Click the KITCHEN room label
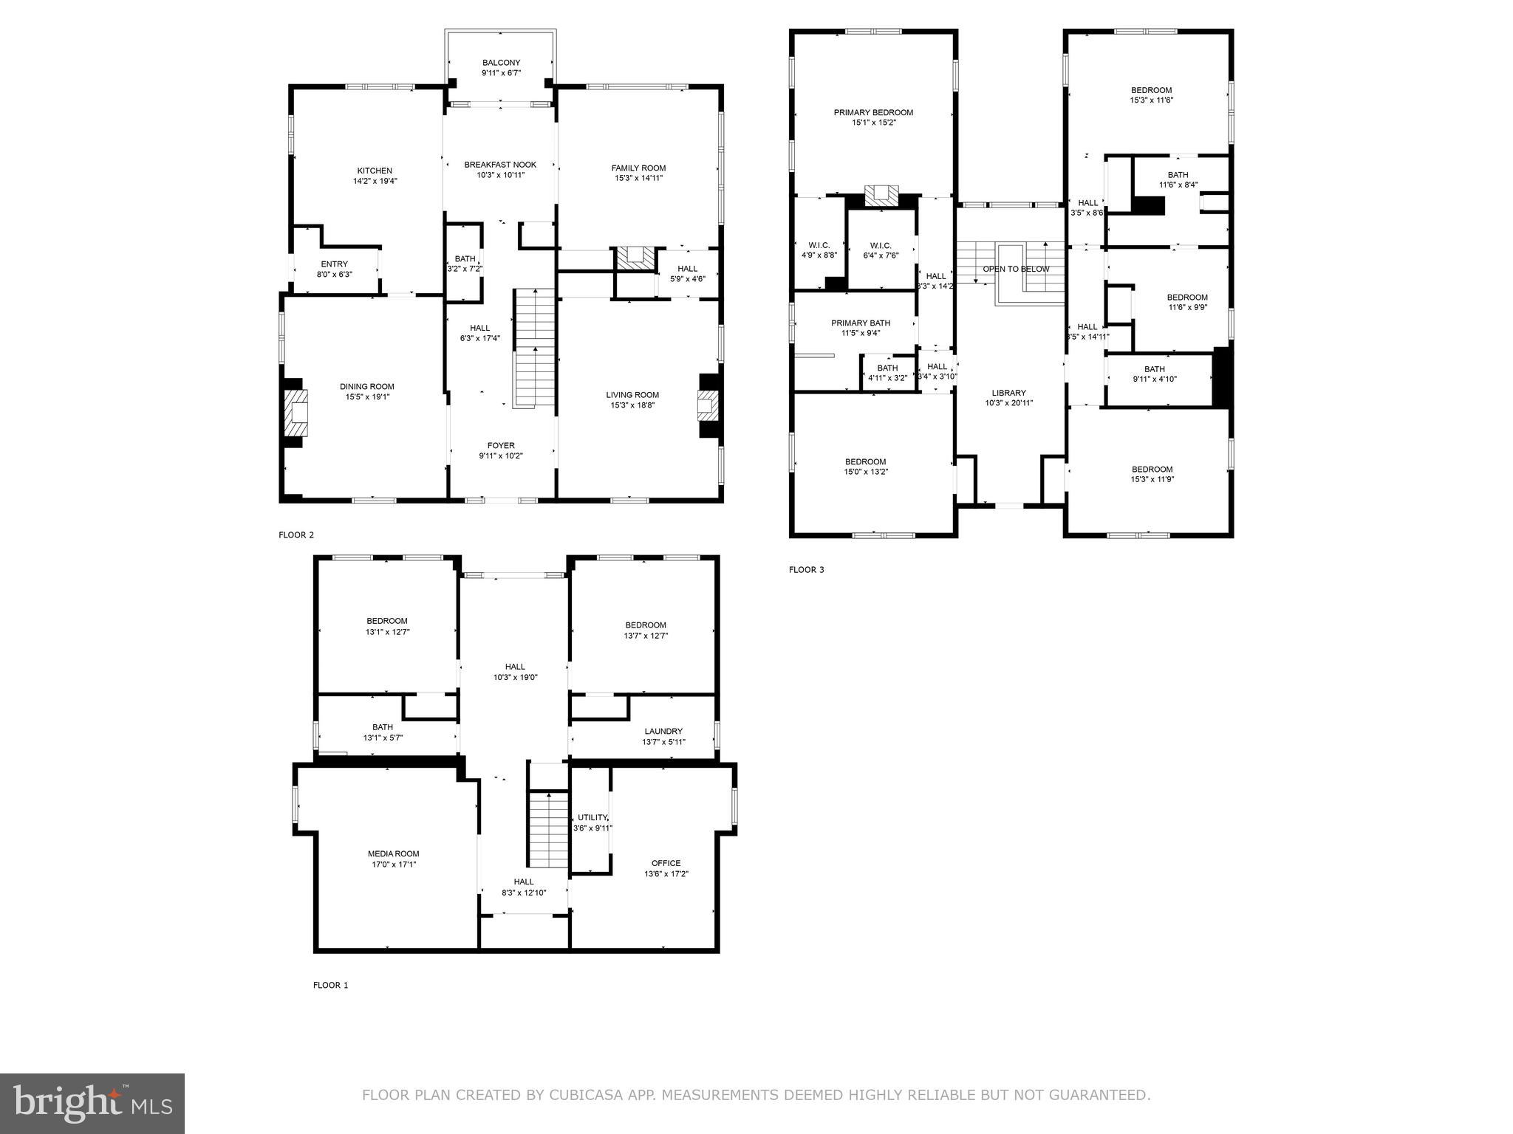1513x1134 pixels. pos(375,171)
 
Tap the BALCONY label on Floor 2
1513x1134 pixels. pos(501,63)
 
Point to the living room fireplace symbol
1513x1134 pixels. pos(707,405)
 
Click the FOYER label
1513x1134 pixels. pos(501,445)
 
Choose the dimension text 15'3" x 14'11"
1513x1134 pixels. pos(638,178)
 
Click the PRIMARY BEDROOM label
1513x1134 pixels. pos(873,112)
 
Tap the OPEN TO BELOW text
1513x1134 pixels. pos(1016,269)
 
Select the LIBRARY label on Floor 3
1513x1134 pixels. pos(1008,393)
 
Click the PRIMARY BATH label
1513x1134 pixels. pos(861,323)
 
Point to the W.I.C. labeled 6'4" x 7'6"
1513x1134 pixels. pos(881,246)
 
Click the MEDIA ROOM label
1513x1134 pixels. pos(394,853)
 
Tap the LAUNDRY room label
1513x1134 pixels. pos(663,732)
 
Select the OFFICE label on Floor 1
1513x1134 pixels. pos(666,863)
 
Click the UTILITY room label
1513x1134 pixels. pos(592,817)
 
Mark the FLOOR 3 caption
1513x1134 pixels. pos(806,569)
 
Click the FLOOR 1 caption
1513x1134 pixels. pos(330,985)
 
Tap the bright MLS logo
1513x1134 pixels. pos(92,1103)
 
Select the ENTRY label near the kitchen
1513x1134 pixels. pos(334,264)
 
